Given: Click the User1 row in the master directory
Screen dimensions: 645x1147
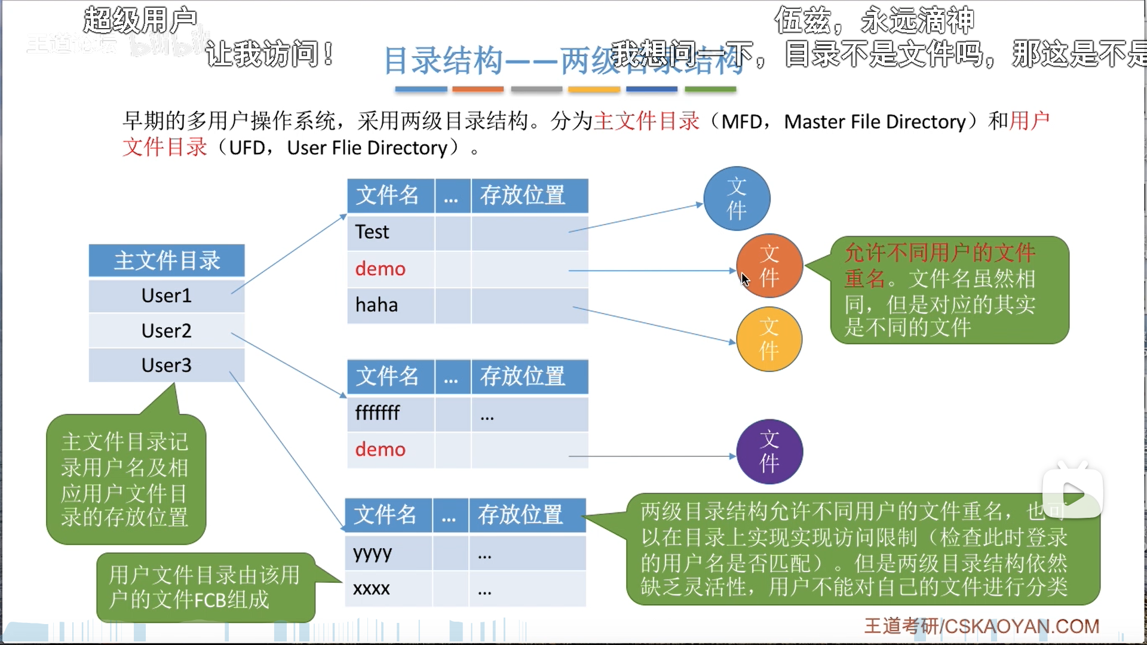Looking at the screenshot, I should (166, 296).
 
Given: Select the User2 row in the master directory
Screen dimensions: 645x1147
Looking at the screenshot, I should (166, 330).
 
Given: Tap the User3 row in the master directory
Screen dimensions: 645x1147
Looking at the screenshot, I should (166, 365).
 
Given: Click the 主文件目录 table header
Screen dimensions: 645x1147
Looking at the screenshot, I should (167, 260).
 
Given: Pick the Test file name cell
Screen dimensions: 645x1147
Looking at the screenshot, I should (372, 232).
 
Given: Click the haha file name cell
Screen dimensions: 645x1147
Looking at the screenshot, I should (376, 305).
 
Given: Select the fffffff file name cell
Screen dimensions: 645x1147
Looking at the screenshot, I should (378, 413).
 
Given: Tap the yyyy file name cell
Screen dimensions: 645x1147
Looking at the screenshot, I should (373, 553).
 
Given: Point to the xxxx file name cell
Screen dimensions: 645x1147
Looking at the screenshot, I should (372, 589).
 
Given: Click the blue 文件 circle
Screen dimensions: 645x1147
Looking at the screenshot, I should (737, 198).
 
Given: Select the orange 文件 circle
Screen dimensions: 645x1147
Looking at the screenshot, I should (769, 266).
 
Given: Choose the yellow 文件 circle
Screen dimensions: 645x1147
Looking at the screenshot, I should (769, 339).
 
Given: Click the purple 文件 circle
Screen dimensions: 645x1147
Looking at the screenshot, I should (769, 451).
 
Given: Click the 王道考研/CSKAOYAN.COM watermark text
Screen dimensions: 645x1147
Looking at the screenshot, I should (982, 626).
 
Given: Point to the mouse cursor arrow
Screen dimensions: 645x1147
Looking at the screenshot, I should (744, 279).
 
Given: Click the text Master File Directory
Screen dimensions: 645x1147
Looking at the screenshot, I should (875, 122).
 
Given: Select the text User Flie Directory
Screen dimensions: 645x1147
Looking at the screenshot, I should (367, 148).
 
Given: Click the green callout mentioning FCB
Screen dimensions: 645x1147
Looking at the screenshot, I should (206, 587).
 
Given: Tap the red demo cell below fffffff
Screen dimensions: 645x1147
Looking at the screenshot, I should (380, 450).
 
